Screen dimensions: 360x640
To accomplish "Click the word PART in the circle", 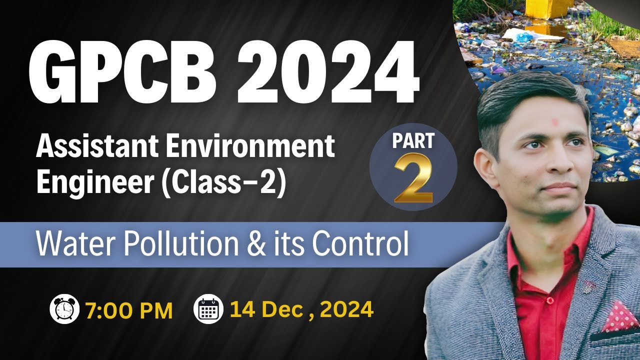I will point(413,141).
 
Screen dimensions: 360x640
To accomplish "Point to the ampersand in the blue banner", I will point(270,244).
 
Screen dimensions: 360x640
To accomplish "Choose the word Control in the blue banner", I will point(360,244).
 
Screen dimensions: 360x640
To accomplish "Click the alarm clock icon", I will point(65,309).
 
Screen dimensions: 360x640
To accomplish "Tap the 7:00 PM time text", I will point(129,310).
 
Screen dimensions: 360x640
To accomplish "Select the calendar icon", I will point(208,309).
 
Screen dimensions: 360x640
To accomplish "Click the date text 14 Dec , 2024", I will point(301,310).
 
